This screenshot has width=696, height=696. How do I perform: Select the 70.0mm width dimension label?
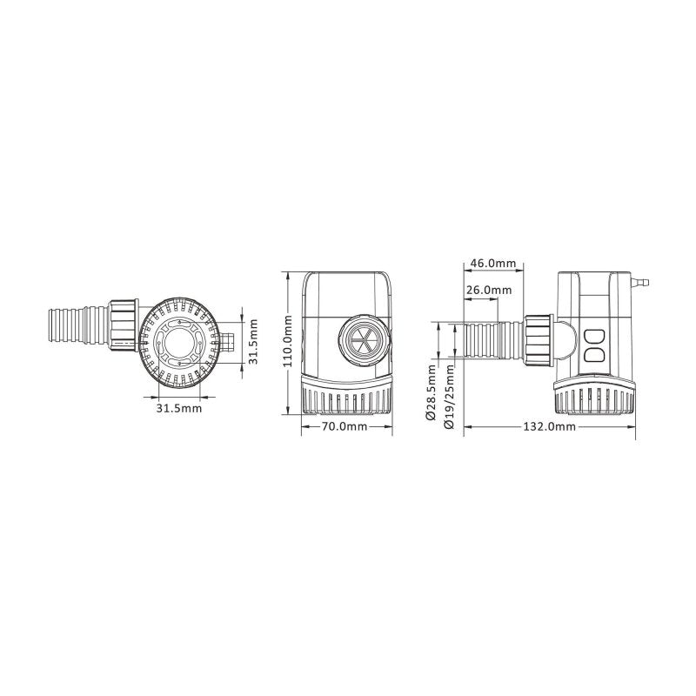tap(344, 427)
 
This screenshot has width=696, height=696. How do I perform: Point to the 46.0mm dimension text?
tap(492, 263)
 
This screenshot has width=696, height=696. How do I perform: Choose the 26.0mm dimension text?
tap(489, 290)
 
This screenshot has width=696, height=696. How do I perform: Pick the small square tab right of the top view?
tap(228, 341)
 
